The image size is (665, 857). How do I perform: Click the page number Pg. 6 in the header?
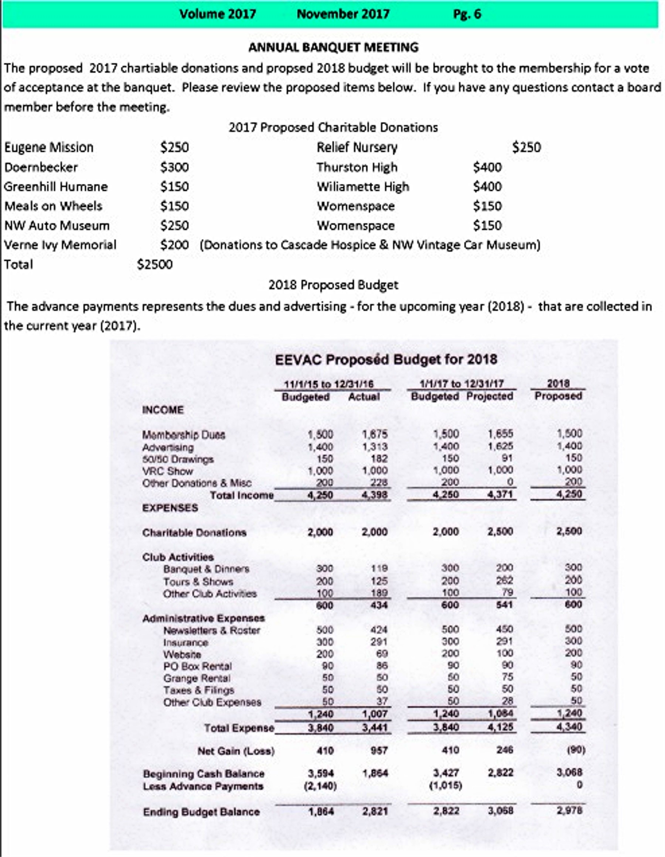(x=467, y=14)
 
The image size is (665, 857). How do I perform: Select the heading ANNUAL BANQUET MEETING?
(x=333, y=48)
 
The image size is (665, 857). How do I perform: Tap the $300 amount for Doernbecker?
(x=174, y=168)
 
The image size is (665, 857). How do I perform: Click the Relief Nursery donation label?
(x=357, y=148)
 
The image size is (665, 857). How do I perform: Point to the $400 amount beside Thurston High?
(x=487, y=168)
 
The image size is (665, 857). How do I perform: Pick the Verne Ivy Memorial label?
(x=60, y=245)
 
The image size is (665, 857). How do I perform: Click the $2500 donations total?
(x=155, y=264)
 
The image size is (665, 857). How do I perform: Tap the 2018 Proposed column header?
(x=558, y=390)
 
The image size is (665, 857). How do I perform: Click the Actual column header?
(x=364, y=397)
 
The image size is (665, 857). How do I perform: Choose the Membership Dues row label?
(x=184, y=435)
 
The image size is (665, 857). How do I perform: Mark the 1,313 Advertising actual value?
(x=375, y=446)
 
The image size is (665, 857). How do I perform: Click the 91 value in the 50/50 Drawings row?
(x=504, y=458)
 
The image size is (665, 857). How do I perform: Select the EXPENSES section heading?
(x=170, y=508)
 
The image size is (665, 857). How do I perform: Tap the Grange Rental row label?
(x=197, y=678)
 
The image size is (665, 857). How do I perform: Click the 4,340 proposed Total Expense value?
(x=569, y=727)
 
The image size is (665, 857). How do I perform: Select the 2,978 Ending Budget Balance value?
(x=569, y=811)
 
